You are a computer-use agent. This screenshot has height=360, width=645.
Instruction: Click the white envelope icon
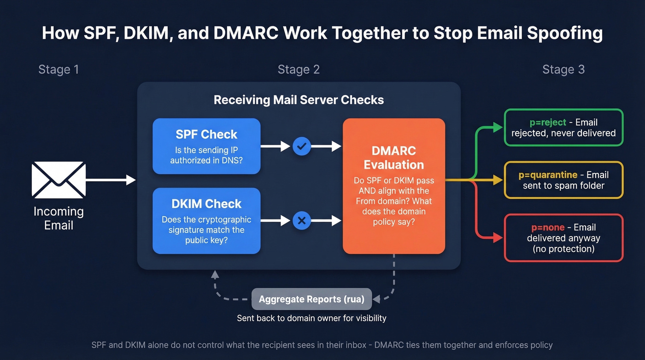pos(59,180)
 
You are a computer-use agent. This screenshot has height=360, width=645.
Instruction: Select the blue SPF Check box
pos(206,146)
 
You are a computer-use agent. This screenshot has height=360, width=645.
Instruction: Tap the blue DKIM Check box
pos(206,221)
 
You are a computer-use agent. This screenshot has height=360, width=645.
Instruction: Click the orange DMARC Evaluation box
pos(394,186)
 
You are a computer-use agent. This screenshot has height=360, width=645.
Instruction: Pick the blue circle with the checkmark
pos(302,146)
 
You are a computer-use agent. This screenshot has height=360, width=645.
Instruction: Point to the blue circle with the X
pos(302,221)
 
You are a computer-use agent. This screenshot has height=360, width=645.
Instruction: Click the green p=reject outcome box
pos(563,128)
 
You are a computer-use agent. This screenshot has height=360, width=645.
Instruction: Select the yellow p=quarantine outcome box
pos(563,180)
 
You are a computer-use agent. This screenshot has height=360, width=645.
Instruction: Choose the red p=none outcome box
pos(563,237)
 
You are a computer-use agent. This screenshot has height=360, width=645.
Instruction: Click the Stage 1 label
pos(59,70)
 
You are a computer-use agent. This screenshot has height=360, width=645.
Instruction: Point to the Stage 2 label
pos(299,70)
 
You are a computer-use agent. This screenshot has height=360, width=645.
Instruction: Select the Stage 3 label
pos(563,70)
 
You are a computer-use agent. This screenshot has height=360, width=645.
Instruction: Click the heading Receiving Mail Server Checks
pos(299,100)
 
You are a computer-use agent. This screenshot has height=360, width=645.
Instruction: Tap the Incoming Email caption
pos(59,218)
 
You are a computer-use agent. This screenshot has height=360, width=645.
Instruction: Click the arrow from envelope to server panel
pos(111,180)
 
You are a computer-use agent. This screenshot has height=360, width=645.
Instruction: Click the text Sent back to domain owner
pos(311,318)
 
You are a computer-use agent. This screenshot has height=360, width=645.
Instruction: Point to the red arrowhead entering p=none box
pos(498,238)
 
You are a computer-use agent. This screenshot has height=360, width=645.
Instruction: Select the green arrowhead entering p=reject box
pos(498,128)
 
